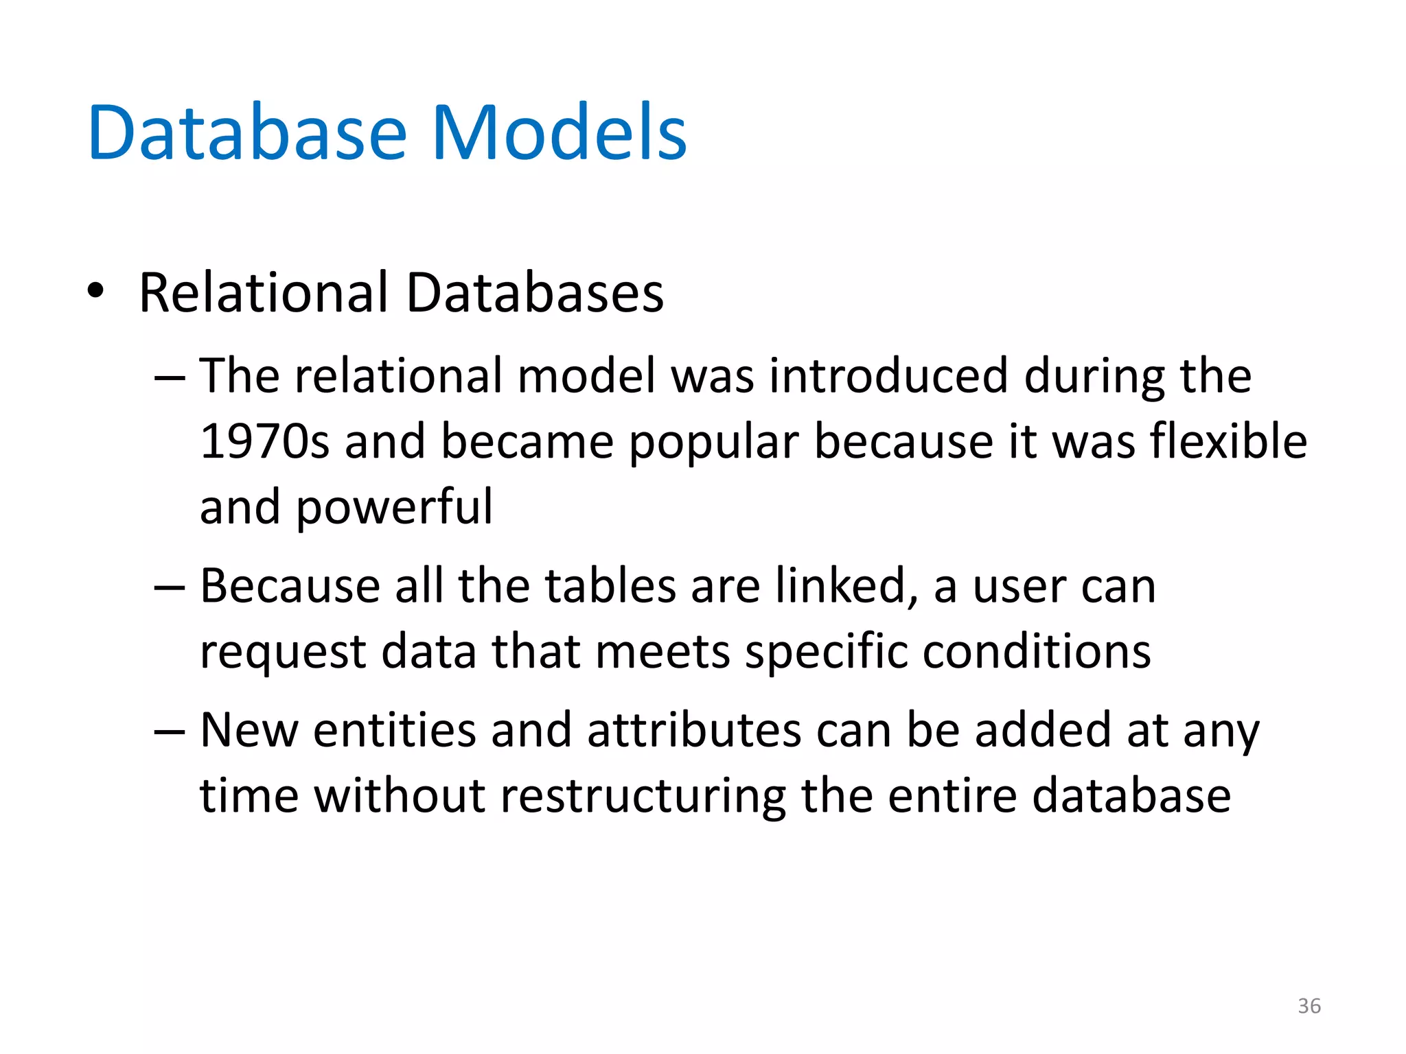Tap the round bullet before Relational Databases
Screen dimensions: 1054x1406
click(x=95, y=291)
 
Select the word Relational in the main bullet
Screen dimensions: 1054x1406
click(x=264, y=293)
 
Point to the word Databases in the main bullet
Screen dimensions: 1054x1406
click(x=535, y=293)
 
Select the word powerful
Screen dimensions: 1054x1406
click(x=394, y=508)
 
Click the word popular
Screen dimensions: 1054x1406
click(x=714, y=443)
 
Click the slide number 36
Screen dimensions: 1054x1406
click(x=1309, y=1006)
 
